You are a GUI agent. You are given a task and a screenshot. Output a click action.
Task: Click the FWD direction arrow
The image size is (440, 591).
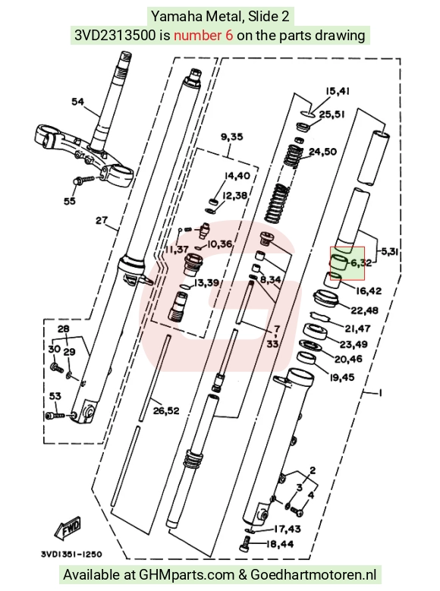[x=68, y=528]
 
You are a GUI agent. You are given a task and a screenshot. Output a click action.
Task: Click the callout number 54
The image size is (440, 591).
[x=77, y=102]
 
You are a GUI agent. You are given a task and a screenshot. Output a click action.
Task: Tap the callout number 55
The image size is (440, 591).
[x=69, y=200]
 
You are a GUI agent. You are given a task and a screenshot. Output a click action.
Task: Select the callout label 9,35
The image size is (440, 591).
[x=232, y=137]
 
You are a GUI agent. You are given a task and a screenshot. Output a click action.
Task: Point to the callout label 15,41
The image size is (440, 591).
[x=338, y=91]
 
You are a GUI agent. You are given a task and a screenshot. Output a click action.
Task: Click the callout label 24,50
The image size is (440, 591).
[x=322, y=151]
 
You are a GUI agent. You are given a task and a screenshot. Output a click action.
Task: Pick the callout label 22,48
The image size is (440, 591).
[x=364, y=310]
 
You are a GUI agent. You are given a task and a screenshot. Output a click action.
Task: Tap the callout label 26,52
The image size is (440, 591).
[x=166, y=410]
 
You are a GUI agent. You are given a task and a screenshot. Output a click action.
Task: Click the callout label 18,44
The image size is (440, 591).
[x=279, y=544]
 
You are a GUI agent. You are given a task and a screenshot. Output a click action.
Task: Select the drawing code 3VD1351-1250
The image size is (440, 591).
[x=71, y=554]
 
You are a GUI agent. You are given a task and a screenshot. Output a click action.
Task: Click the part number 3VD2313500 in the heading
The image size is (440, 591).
[x=115, y=35]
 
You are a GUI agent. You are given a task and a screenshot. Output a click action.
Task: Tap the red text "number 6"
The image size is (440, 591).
[x=203, y=35]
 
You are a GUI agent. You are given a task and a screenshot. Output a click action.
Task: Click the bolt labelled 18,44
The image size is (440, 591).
[x=244, y=545]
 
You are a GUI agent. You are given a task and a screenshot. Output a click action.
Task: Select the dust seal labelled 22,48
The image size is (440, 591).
[x=326, y=297]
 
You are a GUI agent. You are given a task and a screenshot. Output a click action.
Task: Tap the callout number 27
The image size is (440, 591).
[x=102, y=220]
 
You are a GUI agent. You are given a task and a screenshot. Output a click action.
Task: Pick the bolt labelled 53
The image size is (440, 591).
[x=55, y=415]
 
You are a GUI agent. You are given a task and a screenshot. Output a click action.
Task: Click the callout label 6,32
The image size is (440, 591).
[x=361, y=262]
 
